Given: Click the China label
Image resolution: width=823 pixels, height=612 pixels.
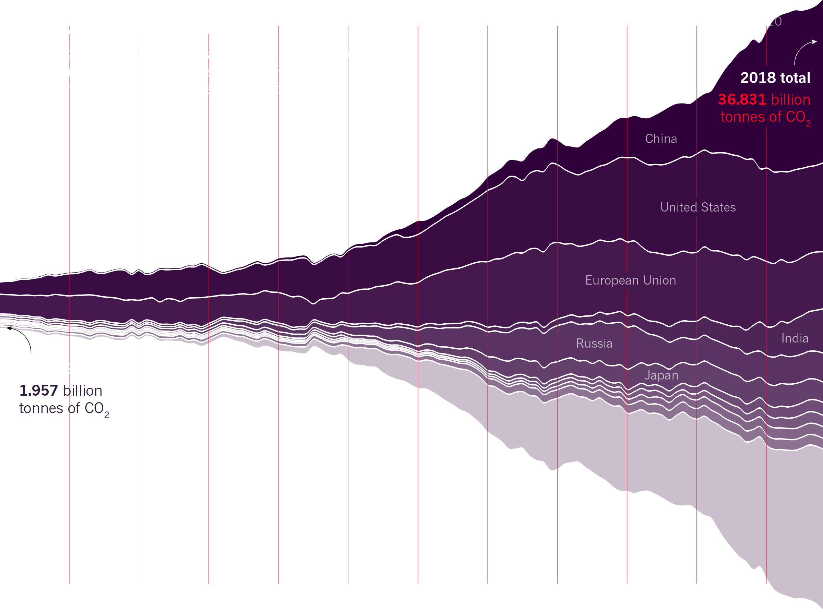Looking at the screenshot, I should [661, 139].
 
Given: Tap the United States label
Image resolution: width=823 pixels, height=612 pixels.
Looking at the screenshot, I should [698, 207].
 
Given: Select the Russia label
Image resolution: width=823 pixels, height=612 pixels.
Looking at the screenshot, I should [594, 344].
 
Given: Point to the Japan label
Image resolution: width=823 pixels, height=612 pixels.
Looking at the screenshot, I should [661, 376].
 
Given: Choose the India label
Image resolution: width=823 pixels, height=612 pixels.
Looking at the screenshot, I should [795, 339].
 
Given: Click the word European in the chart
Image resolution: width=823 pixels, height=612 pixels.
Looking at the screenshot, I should [612, 280].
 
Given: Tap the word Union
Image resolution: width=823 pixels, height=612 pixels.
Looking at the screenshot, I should [659, 280].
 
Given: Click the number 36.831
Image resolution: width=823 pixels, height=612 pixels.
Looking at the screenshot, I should [742, 99].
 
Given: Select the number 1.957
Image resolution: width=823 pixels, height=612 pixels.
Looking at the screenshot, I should [38, 391].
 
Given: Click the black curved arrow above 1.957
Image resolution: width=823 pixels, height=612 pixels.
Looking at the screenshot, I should [22, 337].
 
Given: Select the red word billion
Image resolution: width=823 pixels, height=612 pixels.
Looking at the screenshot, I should [790, 100].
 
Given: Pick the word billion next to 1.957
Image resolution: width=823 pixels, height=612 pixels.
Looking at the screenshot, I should [82, 391].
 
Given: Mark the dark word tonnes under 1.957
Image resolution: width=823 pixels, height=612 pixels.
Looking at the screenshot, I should [41, 408].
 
